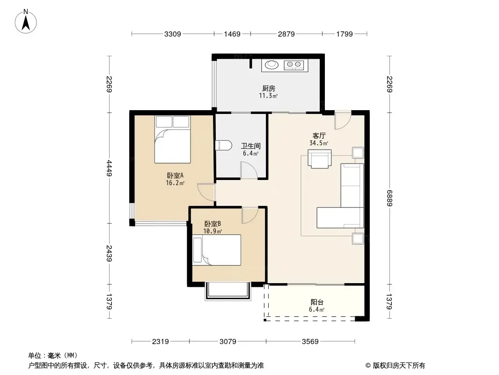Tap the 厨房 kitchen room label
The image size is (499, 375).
point(268,88)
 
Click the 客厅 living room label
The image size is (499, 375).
point(319,136)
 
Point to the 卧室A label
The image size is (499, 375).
point(175,176)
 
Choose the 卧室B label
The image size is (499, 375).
point(213,224)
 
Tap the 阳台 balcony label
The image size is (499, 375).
point(317,303)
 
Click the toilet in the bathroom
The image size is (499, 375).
point(223,146)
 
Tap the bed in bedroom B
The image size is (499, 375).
point(217,250)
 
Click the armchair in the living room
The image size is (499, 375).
point(319,158)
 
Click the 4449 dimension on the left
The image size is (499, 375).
point(109,168)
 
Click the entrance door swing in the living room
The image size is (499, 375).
point(342,121)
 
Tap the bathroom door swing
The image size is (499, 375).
point(248,170)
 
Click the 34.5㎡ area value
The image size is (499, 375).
point(319,143)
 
